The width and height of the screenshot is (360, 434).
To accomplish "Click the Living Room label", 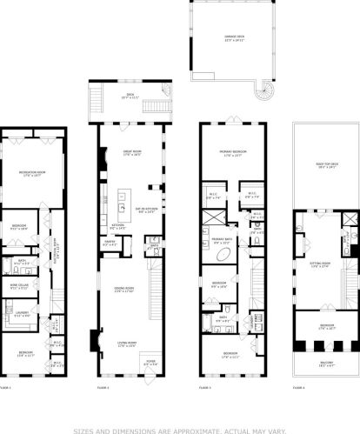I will coord(126,345).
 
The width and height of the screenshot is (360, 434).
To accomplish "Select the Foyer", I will coord(150,364).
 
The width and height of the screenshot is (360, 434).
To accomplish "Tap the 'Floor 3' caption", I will coord(205,385).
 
